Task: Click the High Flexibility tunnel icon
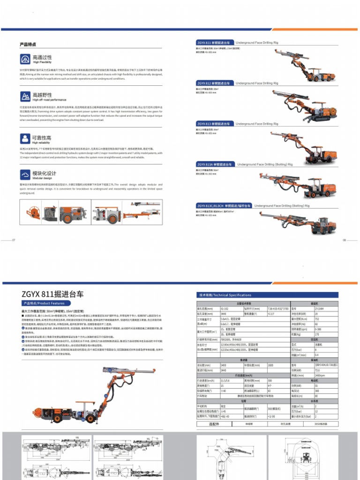[x=25, y=59]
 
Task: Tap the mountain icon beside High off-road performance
[x=25, y=97]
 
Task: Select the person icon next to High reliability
[x=25, y=138]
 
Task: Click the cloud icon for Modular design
[x=25, y=175]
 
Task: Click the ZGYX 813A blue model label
[x=215, y=165]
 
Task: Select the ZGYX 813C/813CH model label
[x=224, y=205]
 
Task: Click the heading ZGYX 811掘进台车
[x=52, y=294]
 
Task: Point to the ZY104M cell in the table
[x=319, y=308]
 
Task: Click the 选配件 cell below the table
[x=214, y=424]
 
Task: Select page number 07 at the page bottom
[x=14, y=240]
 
